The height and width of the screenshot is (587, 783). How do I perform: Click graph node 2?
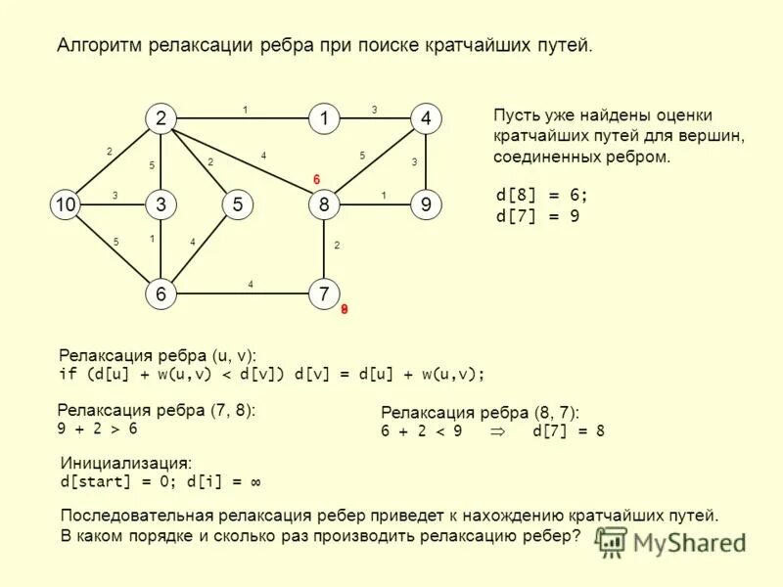pyautogui.click(x=159, y=118)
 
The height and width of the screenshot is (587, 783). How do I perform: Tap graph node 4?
pyautogui.click(x=426, y=118)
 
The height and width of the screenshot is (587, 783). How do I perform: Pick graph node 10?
pyautogui.click(x=65, y=204)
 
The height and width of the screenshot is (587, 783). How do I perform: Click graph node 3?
pyautogui.click(x=159, y=204)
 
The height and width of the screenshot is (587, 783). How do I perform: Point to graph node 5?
pyautogui.click(x=238, y=204)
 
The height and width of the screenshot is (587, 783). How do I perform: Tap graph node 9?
pyautogui.click(x=426, y=204)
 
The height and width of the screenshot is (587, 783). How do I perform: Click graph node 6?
pyautogui.click(x=159, y=293)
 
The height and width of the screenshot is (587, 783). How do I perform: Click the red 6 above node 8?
pyautogui.click(x=316, y=179)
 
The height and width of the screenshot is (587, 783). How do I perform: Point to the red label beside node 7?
pyautogui.click(x=345, y=309)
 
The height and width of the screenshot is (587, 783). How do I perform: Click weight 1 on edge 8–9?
pyautogui.click(x=384, y=196)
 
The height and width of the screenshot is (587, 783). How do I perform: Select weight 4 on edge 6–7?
pyautogui.click(x=251, y=285)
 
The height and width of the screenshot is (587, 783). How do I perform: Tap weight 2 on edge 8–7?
pyautogui.click(x=336, y=247)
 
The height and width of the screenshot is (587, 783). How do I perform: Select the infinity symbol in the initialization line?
pyautogui.click(x=254, y=482)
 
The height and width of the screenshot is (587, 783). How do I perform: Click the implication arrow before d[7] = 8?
pyautogui.click(x=498, y=430)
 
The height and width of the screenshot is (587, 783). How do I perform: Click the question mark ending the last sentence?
pyautogui.click(x=576, y=535)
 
